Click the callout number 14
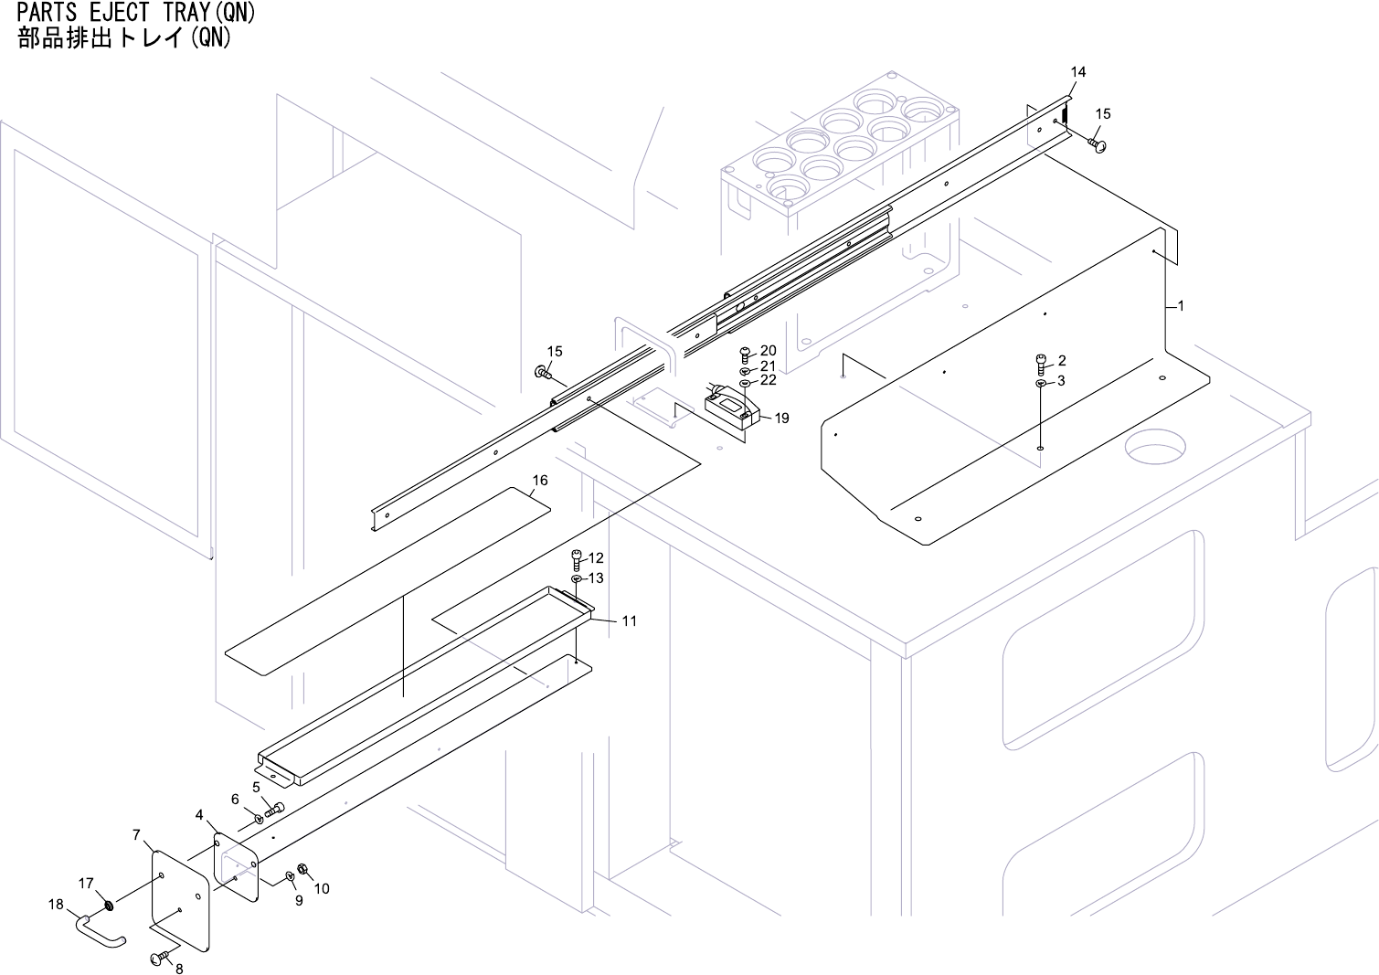pyautogui.click(x=1078, y=72)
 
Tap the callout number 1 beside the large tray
pyautogui.click(x=1181, y=306)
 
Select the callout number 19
pyautogui.click(x=781, y=419)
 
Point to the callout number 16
pyautogui.click(x=540, y=481)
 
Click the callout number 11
pyautogui.click(x=629, y=621)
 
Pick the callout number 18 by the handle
pyautogui.click(x=57, y=905)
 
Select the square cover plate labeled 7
pyautogui.click(x=181, y=900)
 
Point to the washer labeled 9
pyautogui.click(x=291, y=875)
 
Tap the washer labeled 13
pyautogui.click(x=577, y=579)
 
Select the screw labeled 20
pyautogui.click(x=745, y=352)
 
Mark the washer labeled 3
pyautogui.click(x=1041, y=382)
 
